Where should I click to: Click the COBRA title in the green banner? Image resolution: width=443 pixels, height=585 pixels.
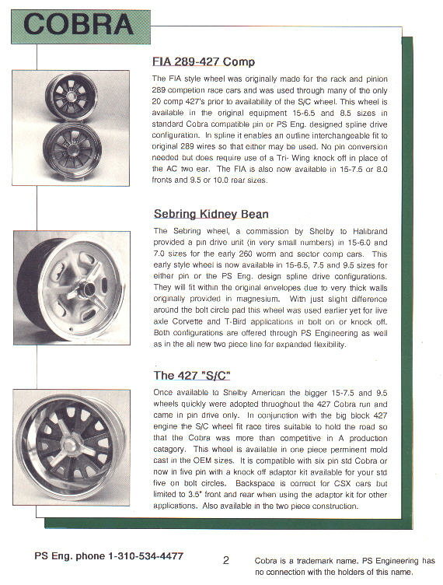coord(78,24)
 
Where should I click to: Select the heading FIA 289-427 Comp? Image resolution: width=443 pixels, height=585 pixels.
coord(204,61)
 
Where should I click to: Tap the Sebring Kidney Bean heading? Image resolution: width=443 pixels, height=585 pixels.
coord(211,214)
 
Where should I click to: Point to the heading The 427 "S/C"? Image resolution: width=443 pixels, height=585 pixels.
coord(192,375)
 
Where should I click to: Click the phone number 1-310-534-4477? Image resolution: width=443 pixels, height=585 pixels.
coord(145,556)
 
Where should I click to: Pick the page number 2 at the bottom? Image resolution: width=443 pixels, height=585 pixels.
coord(226,560)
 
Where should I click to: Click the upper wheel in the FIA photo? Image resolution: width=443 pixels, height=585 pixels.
coord(72,96)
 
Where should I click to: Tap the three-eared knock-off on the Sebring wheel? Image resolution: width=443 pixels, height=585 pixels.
coord(89,287)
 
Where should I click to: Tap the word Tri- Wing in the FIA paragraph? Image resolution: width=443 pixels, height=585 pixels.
coord(294,158)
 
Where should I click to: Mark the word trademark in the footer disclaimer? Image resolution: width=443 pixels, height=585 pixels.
coord(316,561)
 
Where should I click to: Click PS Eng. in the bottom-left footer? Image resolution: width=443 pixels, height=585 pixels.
coord(54,556)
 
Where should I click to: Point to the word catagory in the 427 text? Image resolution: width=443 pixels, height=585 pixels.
coord(169,450)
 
